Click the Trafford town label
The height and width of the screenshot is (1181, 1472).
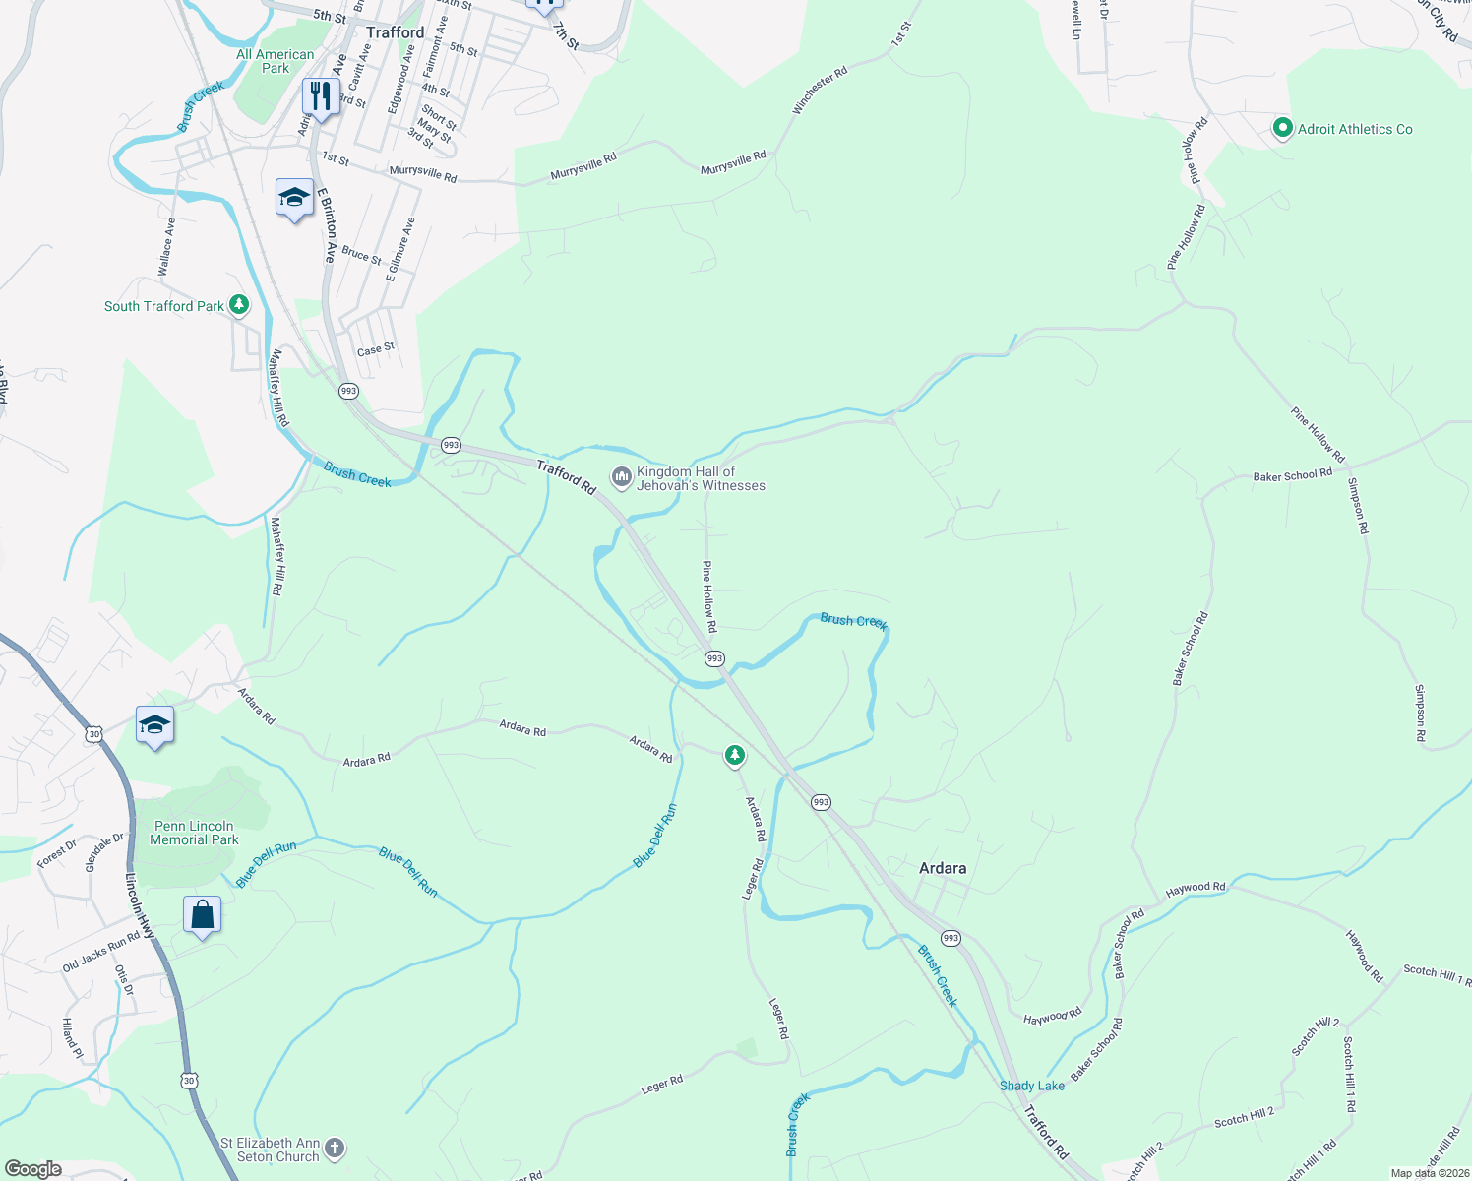click(395, 32)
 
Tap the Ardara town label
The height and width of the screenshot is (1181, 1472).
click(942, 868)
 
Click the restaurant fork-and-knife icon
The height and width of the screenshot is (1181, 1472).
click(320, 95)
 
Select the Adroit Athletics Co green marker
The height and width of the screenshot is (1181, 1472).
click(1282, 128)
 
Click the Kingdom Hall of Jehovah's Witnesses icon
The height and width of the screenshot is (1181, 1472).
click(621, 477)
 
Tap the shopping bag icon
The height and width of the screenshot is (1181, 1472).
click(202, 914)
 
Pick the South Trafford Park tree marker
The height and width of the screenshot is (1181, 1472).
click(239, 305)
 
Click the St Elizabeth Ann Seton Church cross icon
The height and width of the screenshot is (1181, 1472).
click(335, 1148)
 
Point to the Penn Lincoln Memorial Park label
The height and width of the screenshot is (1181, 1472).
click(194, 833)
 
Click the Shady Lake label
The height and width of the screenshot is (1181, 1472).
click(1031, 1086)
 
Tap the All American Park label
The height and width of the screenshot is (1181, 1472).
click(276, 61)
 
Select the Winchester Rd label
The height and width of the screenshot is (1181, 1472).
click(820, 91)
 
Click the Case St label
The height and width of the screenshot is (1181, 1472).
click(376, 349)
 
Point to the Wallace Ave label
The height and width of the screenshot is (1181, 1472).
click(166, 246)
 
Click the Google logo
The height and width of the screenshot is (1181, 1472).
click(32, 1169)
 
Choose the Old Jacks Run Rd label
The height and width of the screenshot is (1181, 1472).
click(101, 951)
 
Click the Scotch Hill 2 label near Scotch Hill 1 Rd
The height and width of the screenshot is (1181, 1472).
click(1316, 1037)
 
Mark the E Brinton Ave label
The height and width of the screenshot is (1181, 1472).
click(327, 225)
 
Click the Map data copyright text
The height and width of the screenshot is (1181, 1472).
click(1429, 1173)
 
